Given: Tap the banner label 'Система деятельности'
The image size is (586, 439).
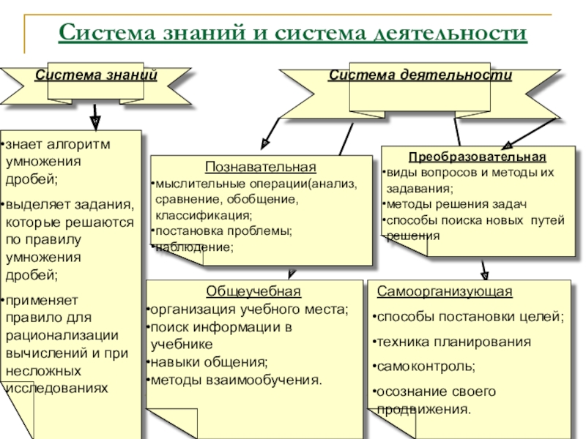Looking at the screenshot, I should pyautogui.click(x=420, y=75).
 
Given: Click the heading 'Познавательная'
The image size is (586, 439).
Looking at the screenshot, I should pyautogui.click(x=261, y=167).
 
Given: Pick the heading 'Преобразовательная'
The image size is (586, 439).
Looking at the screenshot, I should pyautogui.click(x=477, y=157).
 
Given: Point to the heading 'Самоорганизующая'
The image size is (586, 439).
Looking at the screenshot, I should pyautogui.click(x=445, y=292).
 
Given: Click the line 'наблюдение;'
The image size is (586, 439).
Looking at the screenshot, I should pyautogui.click(x=194, y=248).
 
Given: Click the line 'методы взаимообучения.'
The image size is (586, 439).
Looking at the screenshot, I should pyautogui.click(x=234, y=380).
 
